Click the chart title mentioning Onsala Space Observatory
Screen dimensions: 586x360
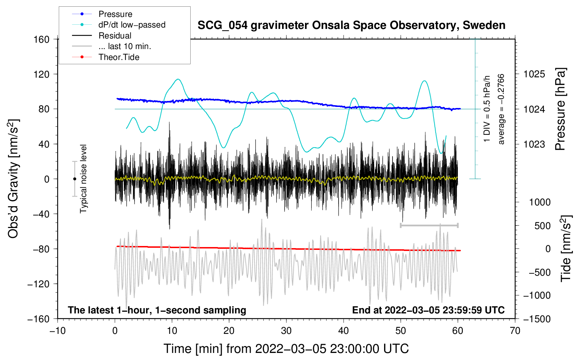point(351,25)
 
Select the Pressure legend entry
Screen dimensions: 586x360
point(102,14)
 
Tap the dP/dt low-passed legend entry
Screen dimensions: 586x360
point(119,25)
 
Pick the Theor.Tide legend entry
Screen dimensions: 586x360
point(106,57)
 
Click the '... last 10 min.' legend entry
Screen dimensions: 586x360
point(112,46)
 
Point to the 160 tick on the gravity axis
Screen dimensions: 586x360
point(42,40)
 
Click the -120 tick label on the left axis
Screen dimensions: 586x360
point(38,284)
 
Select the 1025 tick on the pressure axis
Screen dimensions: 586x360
point(534,74)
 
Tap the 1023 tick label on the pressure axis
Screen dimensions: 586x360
point(534,144)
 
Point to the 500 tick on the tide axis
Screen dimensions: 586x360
point(542,226)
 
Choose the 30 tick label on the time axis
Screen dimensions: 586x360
point(286,331)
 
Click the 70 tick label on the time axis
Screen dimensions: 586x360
point(515,331)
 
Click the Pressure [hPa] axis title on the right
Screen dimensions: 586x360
point(560,109)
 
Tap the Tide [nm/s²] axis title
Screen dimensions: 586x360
point(566,248)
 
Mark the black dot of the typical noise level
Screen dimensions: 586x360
point(74,179)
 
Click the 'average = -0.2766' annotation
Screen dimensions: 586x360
point(501,109)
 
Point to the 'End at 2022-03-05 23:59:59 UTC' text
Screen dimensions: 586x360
point(428,310)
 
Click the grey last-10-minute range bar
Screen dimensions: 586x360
point(429,225)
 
